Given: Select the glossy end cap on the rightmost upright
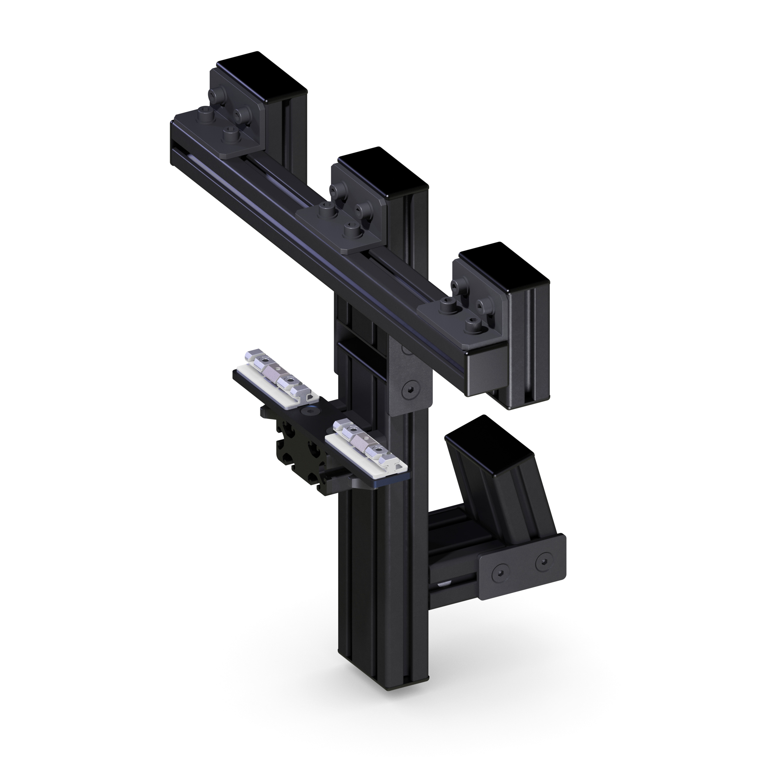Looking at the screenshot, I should coord(504,267).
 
